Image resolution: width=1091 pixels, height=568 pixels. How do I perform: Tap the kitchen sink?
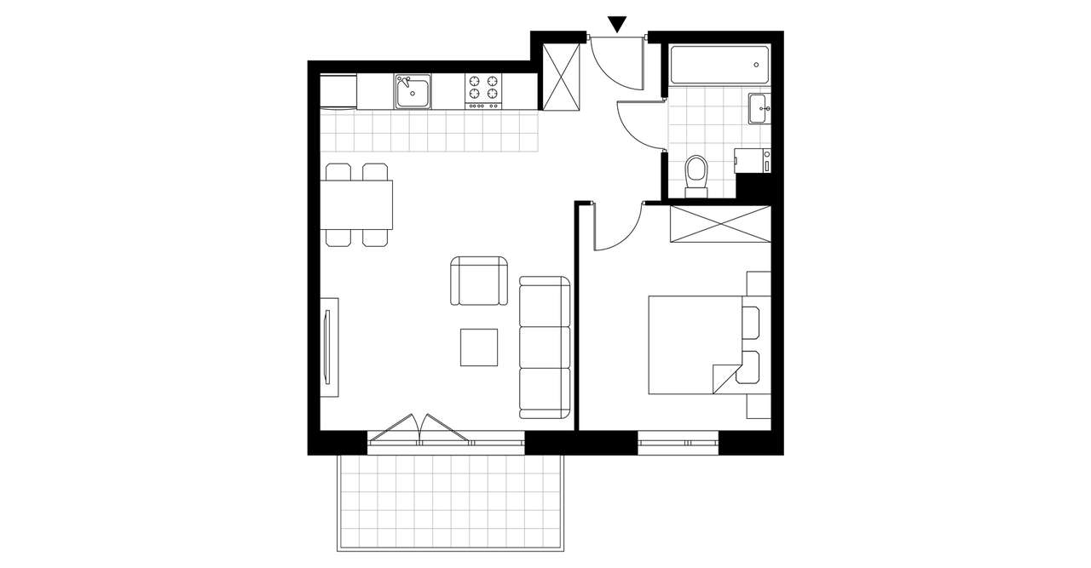(413, 91)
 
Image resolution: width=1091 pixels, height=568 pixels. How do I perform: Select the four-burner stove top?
(482, 90)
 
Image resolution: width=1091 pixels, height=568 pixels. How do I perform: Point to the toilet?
(696, 175)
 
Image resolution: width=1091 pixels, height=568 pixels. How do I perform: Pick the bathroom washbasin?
(759, 109)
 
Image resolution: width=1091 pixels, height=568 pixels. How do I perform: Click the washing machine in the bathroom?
(753, 160)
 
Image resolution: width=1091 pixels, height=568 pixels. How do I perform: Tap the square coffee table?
(479, 347)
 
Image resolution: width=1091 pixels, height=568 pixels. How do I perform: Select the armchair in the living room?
(477, 281)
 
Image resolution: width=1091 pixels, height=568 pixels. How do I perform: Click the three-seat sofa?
(545, 347)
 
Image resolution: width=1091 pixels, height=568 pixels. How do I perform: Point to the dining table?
(358, 204)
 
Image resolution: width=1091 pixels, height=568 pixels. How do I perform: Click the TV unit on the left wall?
(329, 347)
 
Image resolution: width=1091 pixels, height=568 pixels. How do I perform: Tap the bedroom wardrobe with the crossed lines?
(720, 223)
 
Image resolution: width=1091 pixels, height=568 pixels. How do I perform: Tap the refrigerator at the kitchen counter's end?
(338, 91)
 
